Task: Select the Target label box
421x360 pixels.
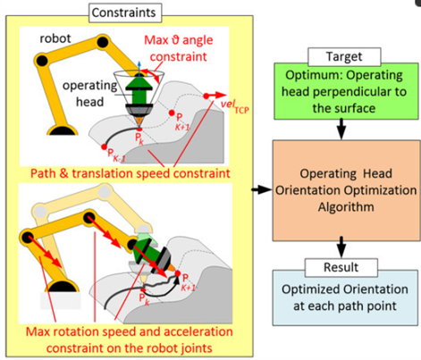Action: point(344,56)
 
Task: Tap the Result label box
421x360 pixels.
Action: point(341,267)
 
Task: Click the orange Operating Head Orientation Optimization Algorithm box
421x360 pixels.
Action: point(347,190)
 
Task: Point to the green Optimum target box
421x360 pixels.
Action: point(346,91)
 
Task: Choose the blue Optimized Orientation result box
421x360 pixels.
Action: point(345,297)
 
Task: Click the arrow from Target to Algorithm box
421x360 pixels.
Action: point(341,130)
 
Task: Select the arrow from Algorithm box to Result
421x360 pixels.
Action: point(341,247)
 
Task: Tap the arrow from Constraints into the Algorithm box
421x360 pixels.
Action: point(262,189)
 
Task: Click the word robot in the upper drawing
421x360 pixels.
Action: point(55,38)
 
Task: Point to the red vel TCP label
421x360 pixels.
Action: point(234,106)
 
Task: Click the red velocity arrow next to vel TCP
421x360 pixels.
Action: point(215,96)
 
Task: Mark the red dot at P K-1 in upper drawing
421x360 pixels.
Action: point(104,147)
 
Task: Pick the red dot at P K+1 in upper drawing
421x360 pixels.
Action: point(172,113)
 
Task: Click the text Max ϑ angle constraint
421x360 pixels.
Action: point(179,48)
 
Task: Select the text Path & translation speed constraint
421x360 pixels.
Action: point(131,173)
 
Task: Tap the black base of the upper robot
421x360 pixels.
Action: point(63,130)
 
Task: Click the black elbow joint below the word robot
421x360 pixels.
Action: point(41,61)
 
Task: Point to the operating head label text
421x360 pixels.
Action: point(89,94)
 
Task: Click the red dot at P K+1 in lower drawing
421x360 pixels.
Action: point(178,273)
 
